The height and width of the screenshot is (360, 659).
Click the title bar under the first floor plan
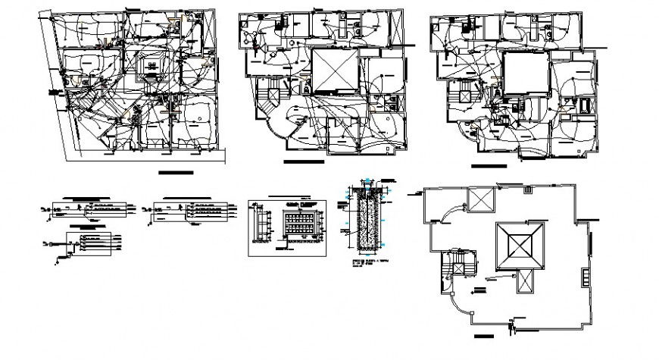tap(176, 174)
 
